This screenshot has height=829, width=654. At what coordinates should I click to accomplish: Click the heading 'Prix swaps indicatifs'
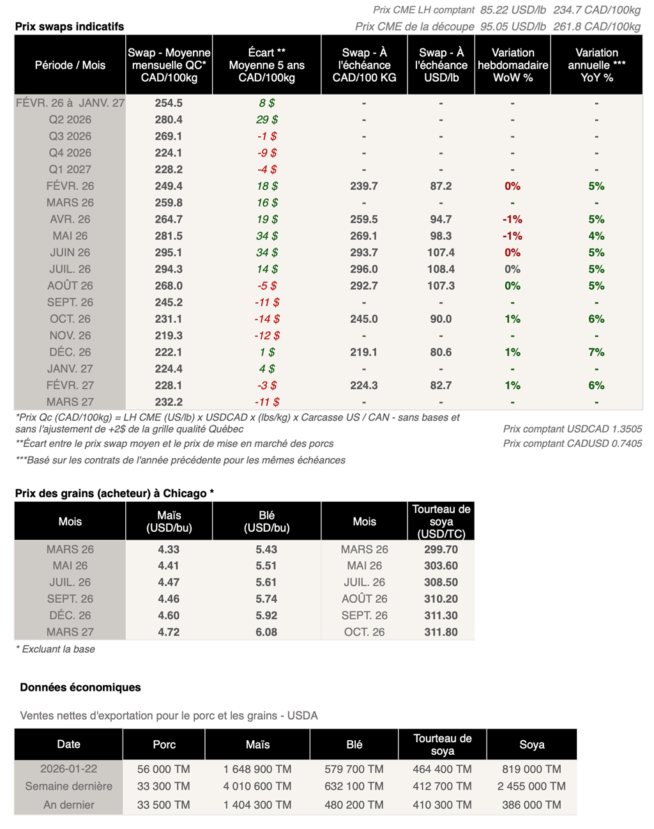70,26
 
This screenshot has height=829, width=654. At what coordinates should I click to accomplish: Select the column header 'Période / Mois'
70,65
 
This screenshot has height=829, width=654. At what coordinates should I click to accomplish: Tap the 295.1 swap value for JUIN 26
169,252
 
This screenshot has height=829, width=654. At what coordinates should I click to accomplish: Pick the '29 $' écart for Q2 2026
266,120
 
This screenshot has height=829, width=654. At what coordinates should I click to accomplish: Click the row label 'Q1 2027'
70,169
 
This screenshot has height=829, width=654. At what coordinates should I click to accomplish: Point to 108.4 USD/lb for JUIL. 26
441,269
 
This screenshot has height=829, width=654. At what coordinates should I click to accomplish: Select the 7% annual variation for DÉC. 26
596,352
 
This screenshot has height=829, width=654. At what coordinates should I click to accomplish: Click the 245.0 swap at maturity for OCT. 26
364,319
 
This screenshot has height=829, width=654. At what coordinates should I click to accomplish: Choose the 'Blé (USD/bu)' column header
266,522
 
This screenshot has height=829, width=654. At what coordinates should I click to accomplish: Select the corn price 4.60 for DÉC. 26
169,616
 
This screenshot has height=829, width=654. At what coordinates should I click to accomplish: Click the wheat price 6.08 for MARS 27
266,632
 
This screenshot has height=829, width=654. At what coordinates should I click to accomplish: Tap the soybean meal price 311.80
441,632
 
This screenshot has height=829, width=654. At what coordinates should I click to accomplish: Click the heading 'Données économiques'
80,687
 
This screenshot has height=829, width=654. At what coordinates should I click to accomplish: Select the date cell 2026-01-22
69,769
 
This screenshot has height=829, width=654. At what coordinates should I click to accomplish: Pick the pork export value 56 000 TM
163,769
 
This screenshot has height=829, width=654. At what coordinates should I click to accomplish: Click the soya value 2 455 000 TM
531,786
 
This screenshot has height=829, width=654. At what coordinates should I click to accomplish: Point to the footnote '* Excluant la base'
55,649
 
